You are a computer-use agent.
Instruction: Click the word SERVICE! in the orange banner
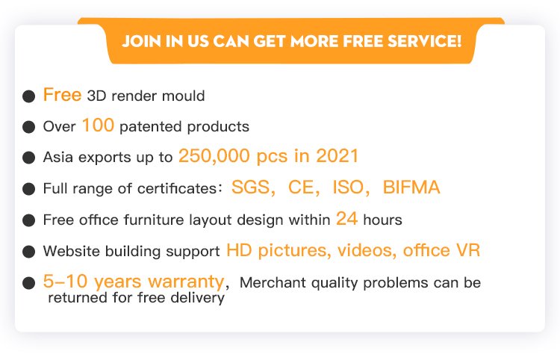pos(425,41)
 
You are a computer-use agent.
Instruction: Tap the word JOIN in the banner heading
pos(141,41)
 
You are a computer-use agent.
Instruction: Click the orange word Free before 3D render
pos(62,95)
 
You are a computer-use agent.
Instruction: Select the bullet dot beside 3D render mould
pos(28,96)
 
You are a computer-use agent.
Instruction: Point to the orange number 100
pos(98,125)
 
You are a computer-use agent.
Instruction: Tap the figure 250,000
pos(214,156)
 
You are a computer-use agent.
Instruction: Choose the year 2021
pos(337,156)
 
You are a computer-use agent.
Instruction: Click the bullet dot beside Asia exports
pos(28,158)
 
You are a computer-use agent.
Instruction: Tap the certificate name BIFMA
pos(411,187)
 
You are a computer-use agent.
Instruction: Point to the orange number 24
pos(346,219)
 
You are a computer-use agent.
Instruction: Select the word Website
pos(72,251)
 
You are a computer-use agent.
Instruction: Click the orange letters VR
pos(468,250)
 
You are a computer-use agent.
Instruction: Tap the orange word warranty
pos(186,282)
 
